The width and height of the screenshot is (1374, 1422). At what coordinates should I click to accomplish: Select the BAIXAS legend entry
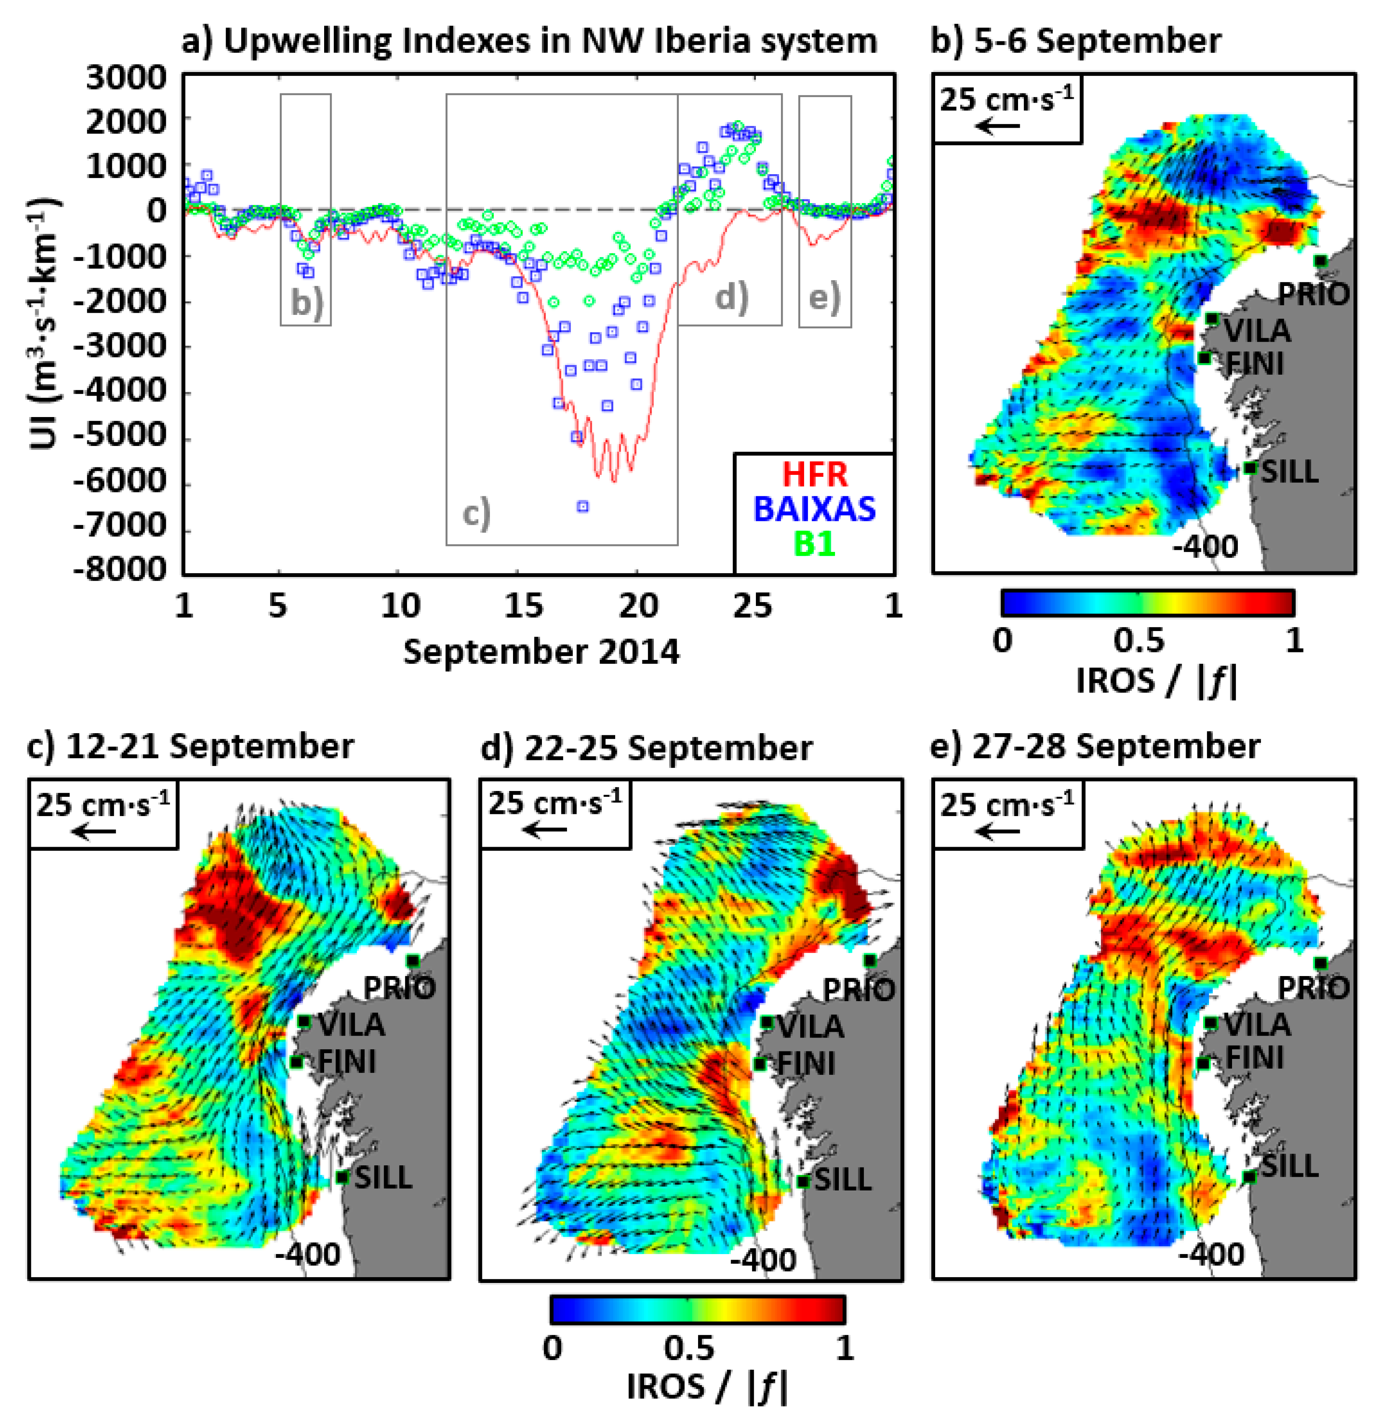coord(814,509)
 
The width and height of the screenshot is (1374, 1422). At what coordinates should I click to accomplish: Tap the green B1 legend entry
coord(814,543)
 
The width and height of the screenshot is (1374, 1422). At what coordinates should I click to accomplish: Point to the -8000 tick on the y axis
coord(120,569)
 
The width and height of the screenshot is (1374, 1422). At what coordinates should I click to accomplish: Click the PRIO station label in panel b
coord(1312,294)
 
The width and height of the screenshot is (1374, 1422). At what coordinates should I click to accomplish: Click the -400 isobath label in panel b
coord(1205,546)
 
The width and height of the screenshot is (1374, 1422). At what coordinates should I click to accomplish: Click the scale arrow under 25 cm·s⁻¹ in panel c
coord(94,831)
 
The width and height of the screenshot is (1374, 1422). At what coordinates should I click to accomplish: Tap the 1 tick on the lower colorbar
coord(844,1347)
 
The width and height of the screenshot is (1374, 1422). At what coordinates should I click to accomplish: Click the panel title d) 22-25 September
coord(646,748)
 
